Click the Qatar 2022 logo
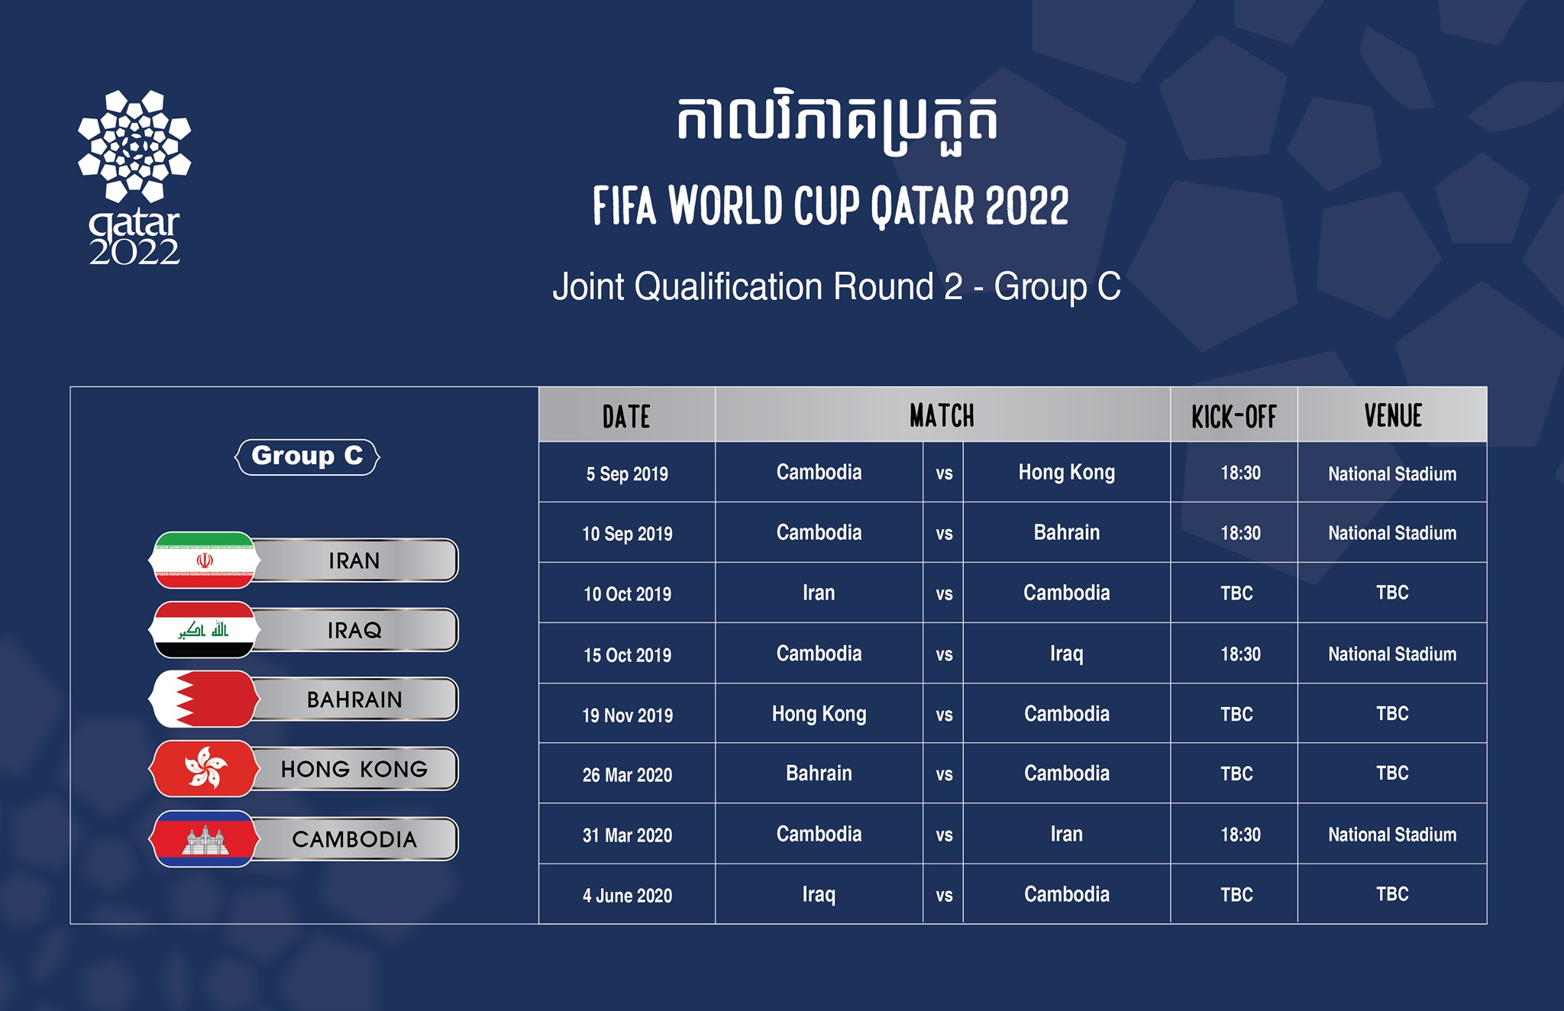pyautogui.click(x=134, y=177)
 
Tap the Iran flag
pyautogui.click(x=205, y=560)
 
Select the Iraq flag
pyautogui.click(x=205, y=630)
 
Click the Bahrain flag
pyautogui.click(x=205, y=699)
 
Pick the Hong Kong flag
pyautogui.click(x=205, y=768)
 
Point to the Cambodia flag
pyautogui.click(x=205, y=838)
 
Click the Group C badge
pyautogui.click(x=307, y=457)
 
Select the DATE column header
pyautogui.click(x=626, y=416)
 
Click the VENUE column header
pyautogui.click(x=1393, y=416)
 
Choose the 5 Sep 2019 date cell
pyautogui.click(x=627, y=474)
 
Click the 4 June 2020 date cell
pyautogui.click(x=627, y=896)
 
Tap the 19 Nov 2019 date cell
pyautogui.click(x=628, y=715)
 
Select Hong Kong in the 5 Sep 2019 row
pyautogui.click(x=1067, y=473)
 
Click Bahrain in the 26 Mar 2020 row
pyautogui.click(x=819, y=774)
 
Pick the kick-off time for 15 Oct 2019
pyautogui.click(x=1240, y=654)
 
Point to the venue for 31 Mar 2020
pyautogui.click(x=1392, y=835)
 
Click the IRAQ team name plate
pyautogui.click(x=354, y=630)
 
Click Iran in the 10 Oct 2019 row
pyautogui.click(x=819, y=593)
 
